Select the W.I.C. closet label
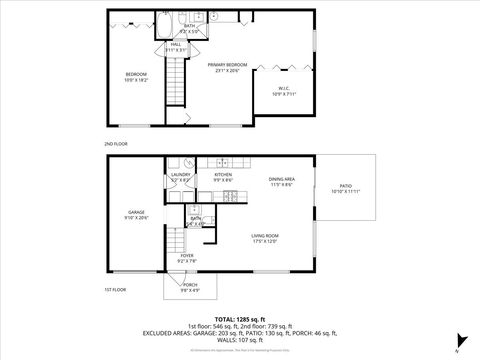click(x=284, y=89)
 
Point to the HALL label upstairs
click(x=175, y=44)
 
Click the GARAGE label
click(x=137, y=213)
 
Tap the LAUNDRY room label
click(x=181, y=175)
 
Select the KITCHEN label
click(x=224, y=174)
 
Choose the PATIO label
click(x=346, y=186)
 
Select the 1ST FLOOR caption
click(x=116, y=289)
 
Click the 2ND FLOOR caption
click(x=116, y=143)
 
